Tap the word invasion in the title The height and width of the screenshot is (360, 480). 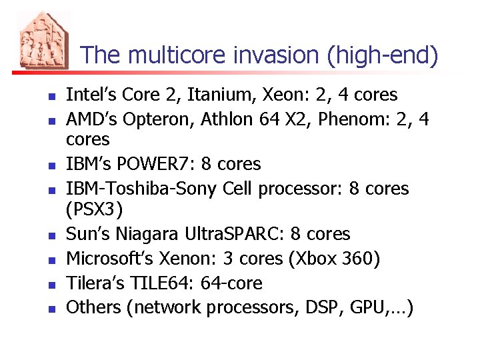[x=277, y=55]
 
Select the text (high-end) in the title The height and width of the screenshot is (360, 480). [x=383, y=55]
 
